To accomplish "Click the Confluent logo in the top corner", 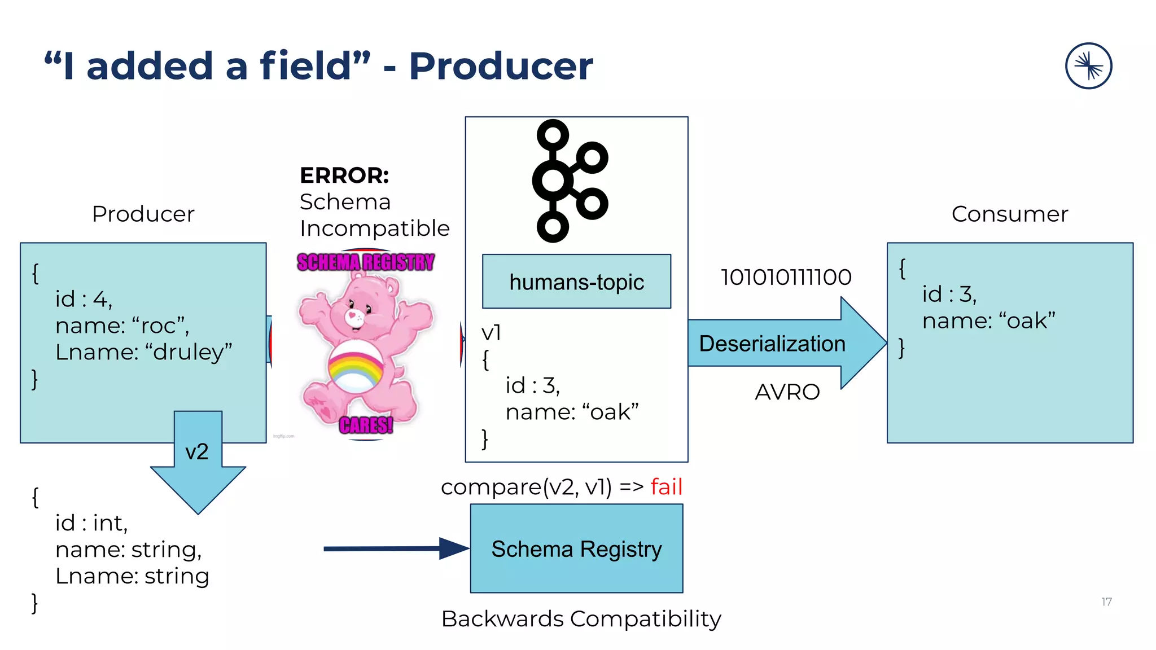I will pyautogui.click(x=1088, y=66).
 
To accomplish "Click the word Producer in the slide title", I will pyautogui.click(x=501, y=67).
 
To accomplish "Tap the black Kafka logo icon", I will pyautogui.click(x=570, y=181).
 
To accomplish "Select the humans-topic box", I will pyautogui.click(x=576, y=282).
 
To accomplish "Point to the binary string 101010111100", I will pyautogui.click(x=786, y=277).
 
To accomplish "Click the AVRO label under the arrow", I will pyautogui.click(x=787, y=392).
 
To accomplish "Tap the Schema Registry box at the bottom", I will pyautogui.click(x=576, y=548).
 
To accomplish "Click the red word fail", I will pyautogui.click(x=666, y=486).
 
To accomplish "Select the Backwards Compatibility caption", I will pyautogui.click(x=581, y=619).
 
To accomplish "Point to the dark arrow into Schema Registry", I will pyautogui.click(x=395, y=548).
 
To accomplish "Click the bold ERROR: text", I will pyautogui.click(x=344, y=175).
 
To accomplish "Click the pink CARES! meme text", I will pyautogui.click(x=366, y=425).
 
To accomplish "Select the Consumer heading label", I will pyautogui.click(x=1010, y=214).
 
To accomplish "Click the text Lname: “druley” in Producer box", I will pyautogui.click(x=143, y=352).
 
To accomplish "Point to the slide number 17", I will pyautogui.click(x=1106, y=602).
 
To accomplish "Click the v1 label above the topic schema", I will pyautogui.click(x=491, y=333).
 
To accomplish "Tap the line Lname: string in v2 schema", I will pyautogui.click(x=132, y=576).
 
